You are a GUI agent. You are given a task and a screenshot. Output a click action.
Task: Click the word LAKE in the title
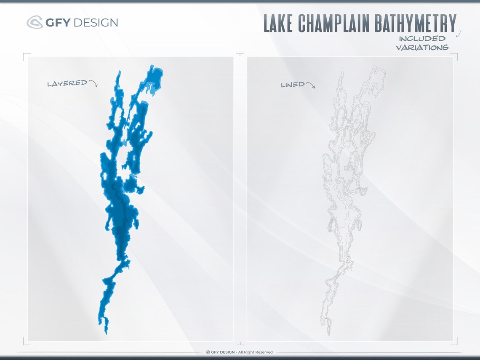point(279,24)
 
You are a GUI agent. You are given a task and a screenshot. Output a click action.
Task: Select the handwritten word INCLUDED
point(422,39)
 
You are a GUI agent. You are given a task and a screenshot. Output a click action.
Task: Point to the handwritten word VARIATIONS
point(422,47)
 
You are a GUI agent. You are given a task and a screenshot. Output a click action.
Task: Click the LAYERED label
point(67,83)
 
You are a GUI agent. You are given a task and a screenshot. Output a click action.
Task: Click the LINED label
point(293,85)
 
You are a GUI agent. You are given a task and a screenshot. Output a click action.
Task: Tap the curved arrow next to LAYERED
point(93,83)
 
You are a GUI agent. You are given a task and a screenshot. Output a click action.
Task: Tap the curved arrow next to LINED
point(310,85)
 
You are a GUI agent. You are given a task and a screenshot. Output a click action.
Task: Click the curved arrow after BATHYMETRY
point(458,33)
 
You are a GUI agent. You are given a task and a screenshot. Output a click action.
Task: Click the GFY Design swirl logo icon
point(34,22)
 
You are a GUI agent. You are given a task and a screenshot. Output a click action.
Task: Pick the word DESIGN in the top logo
point(96,22)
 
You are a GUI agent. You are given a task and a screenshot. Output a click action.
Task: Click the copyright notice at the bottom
point(239,352)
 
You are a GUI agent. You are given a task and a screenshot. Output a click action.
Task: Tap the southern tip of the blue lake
point(106,333)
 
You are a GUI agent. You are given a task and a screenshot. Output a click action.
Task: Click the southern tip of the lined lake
point(329,333)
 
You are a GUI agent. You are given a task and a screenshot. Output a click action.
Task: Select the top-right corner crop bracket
point(455,56)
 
